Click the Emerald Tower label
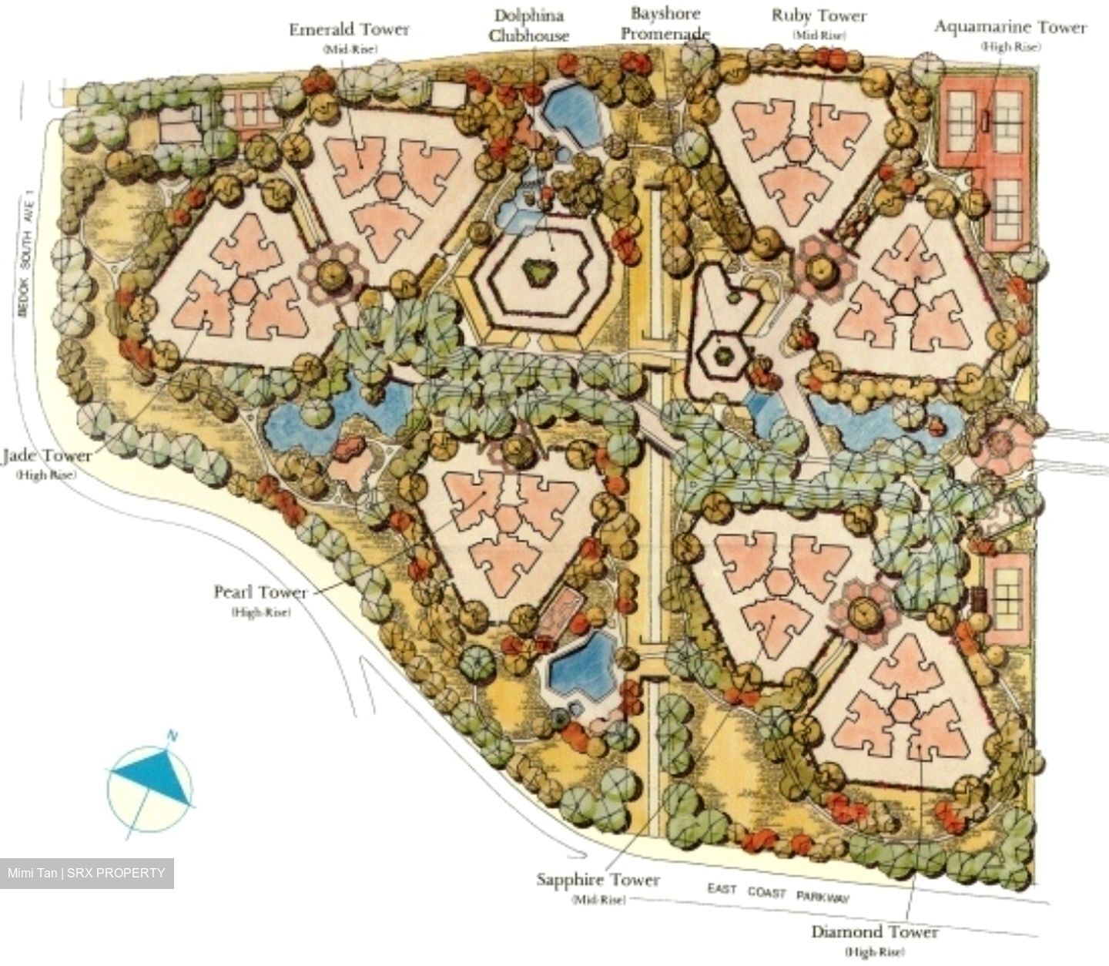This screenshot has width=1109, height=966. [349, 30]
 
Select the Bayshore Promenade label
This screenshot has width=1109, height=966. [665, 23]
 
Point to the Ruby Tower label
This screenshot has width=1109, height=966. [819, 16]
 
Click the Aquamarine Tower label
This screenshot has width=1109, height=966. [1010, 28]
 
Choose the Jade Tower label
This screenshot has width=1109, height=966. [46, 455]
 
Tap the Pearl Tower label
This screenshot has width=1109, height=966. [260, 592]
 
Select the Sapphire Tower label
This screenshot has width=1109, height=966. [598, 880]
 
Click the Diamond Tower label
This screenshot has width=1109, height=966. [874, 932]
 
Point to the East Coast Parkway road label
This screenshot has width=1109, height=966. [779, 893]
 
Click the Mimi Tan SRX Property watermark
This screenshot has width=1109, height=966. [86, 874]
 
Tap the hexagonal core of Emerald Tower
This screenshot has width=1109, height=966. [389, 187]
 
